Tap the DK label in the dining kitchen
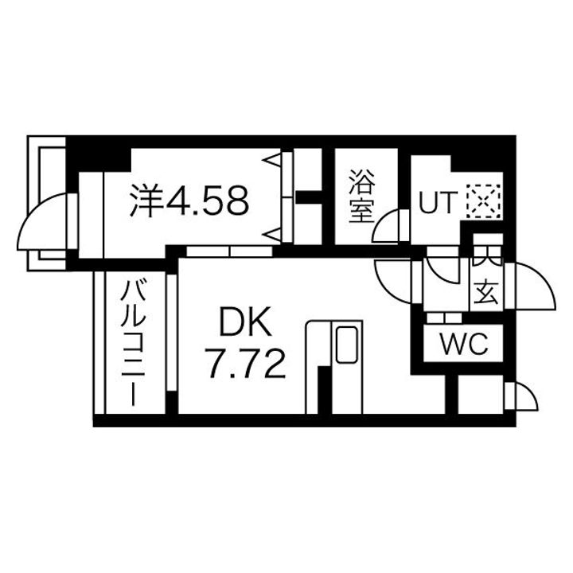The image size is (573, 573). pos(246,324)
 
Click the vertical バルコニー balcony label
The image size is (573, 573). pos(132,342)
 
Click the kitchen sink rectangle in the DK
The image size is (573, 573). pos(347,345)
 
